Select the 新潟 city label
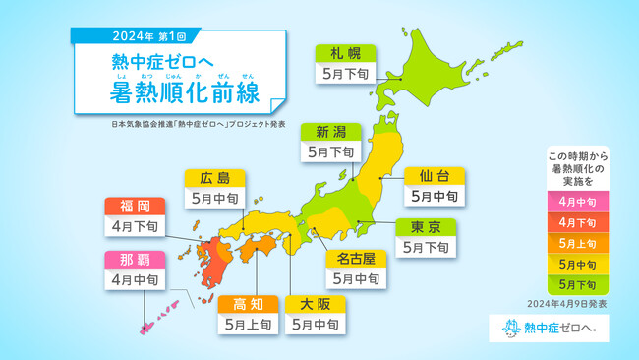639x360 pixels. (329, 131)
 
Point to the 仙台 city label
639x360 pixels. (434, 176)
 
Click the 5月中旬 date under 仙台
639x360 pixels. (434, 197)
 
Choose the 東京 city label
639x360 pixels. (427, 227)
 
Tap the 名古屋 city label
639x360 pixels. (354, 258)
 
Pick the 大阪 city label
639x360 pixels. (315, 304)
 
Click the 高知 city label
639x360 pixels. (246, 304)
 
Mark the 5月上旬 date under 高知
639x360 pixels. (246, 325)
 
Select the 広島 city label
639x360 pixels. (214, 178)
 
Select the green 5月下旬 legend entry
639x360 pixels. (578, 285)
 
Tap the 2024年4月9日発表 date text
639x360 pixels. (567, 304)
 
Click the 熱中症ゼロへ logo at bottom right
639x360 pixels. (548, 328)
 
